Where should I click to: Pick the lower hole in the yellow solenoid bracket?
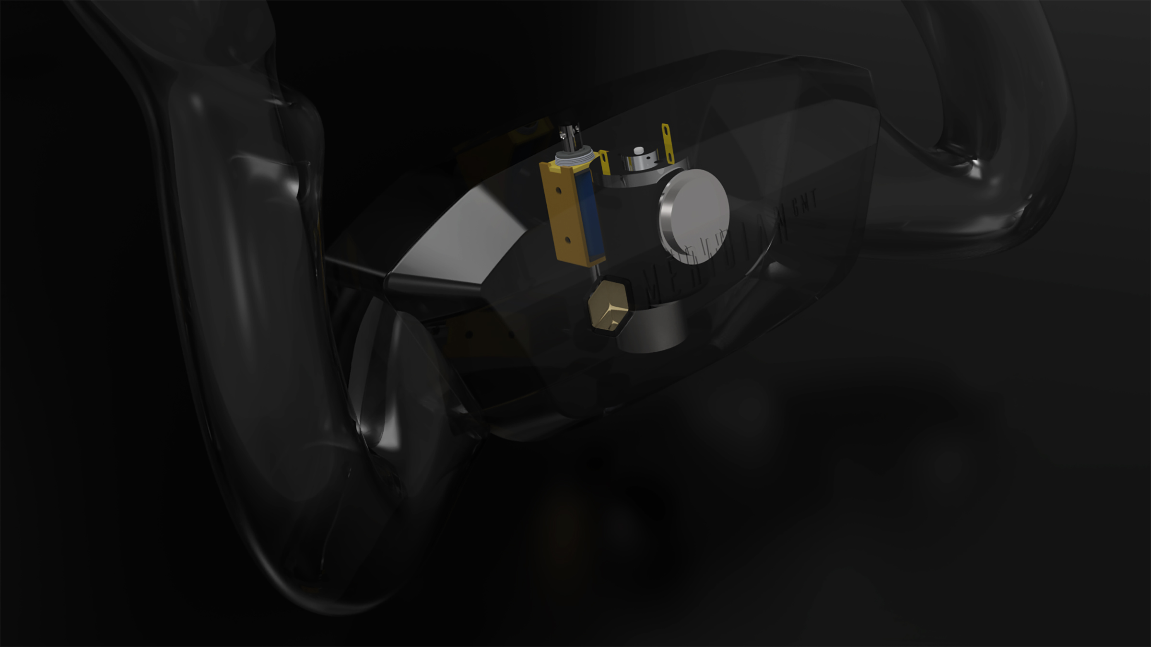[568, 238]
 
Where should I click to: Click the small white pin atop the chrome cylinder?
[638, 151]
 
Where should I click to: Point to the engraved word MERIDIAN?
[719, 254]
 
